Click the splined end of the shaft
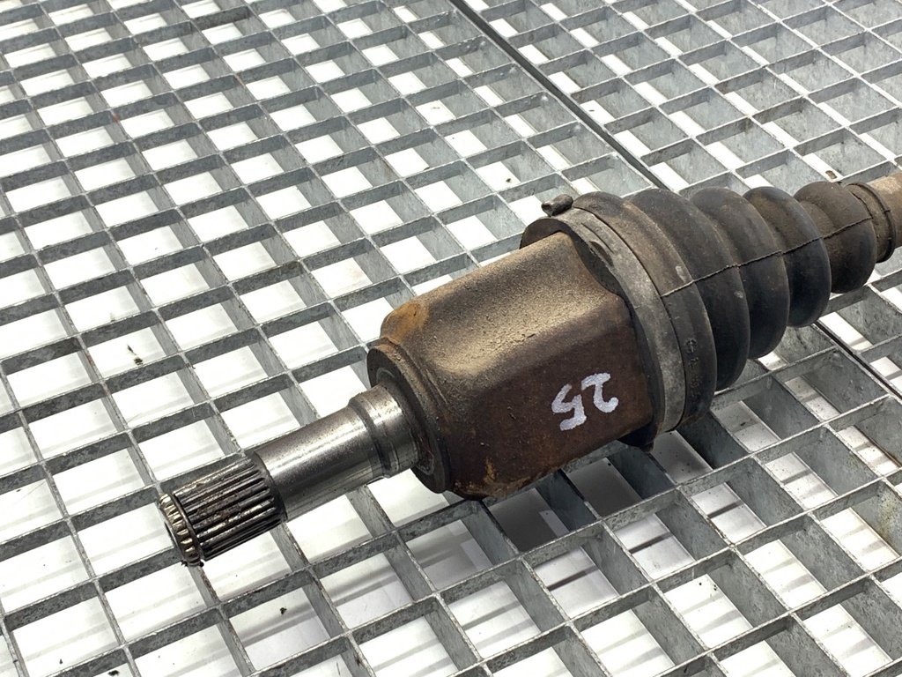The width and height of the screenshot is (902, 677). click(x=221, y=509)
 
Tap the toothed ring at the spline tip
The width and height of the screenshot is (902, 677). click(x=178, y=530)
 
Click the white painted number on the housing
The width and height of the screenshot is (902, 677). click(x=584, y=400)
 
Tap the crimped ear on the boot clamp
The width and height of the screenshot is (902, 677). click(x=557, y=204)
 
